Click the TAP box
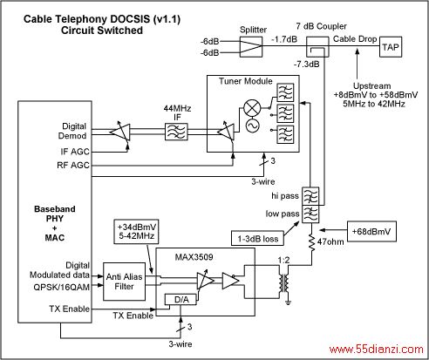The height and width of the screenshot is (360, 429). (x=391, y=47)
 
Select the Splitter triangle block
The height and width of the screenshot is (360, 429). (x=251, y=46)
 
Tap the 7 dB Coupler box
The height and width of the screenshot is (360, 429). (x=317, y=47)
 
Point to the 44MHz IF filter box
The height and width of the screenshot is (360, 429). (x=176, y=132)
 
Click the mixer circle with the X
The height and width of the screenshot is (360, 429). (x=252, y=108)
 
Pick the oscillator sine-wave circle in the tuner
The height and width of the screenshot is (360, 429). (x=252, y=126)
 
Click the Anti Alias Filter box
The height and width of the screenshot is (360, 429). (x=125, y=282)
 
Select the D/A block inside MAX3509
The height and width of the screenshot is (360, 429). (x=181, y=300)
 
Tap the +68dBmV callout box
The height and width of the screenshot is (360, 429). (x=371, y=232)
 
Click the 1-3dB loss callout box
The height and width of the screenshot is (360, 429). (x=258, y=238)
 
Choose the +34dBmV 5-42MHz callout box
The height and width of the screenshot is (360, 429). (x=136, y=231)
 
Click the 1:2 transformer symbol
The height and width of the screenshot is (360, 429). (x=284, y=284)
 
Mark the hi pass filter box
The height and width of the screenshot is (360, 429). (x=310, y=196)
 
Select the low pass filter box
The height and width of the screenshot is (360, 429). (x=310, y=214)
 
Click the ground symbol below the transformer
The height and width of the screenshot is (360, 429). (x=288, y=302)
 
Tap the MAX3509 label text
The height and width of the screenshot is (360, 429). (x=194, y=257)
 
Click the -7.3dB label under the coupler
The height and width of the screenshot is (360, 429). (x=306, y=64)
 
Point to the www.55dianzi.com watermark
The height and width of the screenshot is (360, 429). (x=376, y=349)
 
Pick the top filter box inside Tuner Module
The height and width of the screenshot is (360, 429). (x=285, y=92)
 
